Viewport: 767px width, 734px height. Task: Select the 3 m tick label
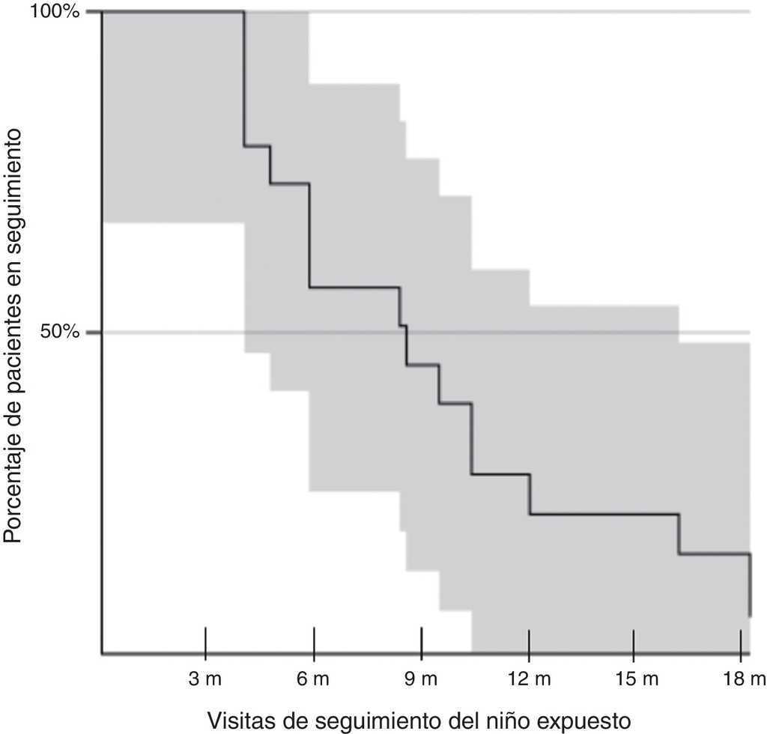pyautogui.click(x=205, y=679)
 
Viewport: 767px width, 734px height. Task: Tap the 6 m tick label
pyautogui.click(x=314, y=679)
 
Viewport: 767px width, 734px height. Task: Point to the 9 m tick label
pyautogui.click(x=422, y=679)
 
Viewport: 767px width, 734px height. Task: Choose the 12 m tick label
pyautogui.click(x=529, y=679)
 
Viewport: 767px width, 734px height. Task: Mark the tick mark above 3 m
pyautogui.click(x=205, y=641)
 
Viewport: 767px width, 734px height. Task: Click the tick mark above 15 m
pyautogui.click(x=634, y=641)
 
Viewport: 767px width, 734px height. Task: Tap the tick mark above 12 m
pyautogui.click(x=529, y=641)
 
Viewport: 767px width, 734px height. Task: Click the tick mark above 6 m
pyautogui.click(x=314, y=641)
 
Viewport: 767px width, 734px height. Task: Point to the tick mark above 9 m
pyautogui.click(x=422, y=641)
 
